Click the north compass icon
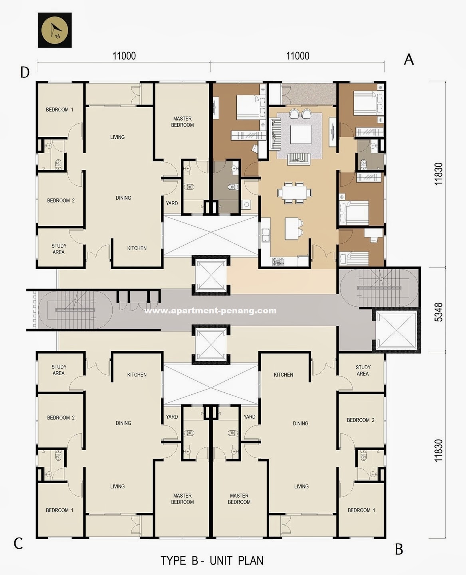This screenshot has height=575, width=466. click(x=55, y=30)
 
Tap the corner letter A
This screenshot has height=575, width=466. click(x=408, y=60)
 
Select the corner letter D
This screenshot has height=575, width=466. click(x=25, y=72)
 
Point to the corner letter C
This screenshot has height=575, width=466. click(x=18, y=543)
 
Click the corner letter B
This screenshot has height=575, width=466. click(x=399, y=549)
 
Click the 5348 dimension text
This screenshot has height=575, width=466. click(x=438, y=312)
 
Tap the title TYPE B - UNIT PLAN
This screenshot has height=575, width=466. click(x=212, y=561)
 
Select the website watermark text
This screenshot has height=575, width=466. click(x=210, y=311)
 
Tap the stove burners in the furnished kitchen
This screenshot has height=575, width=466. click(x=278, y=261)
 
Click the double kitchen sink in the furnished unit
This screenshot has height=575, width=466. click(x=266, y=235)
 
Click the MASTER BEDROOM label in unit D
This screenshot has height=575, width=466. click(x=182, y=122)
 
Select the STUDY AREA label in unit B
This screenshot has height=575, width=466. click(x=363, y=370)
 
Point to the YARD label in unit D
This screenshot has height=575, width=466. click(x=172, y=203)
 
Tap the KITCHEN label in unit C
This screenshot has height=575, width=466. click(x=137, y=375)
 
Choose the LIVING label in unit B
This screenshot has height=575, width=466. click(x=301, y=486)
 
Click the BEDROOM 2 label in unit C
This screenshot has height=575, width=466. click(x=61, y=417)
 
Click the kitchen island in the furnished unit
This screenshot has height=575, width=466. click(x=291, y=228)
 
